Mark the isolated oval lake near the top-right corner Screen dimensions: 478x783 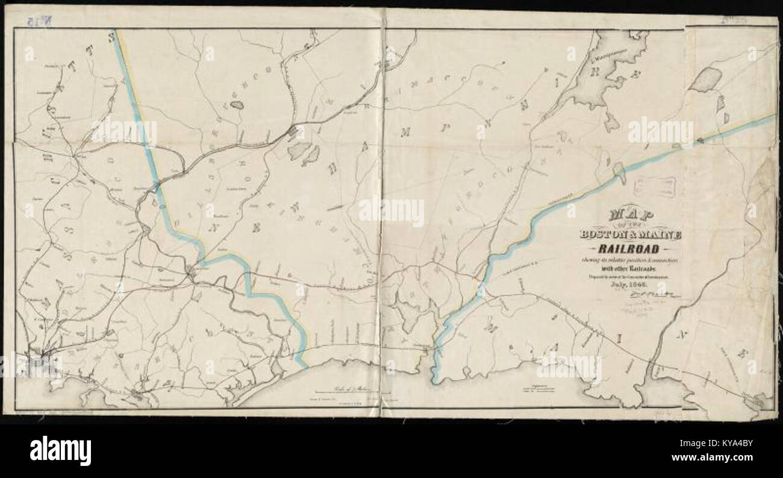(705, 80)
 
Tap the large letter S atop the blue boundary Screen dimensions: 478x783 (111, 36)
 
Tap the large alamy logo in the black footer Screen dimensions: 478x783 (60, 450)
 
